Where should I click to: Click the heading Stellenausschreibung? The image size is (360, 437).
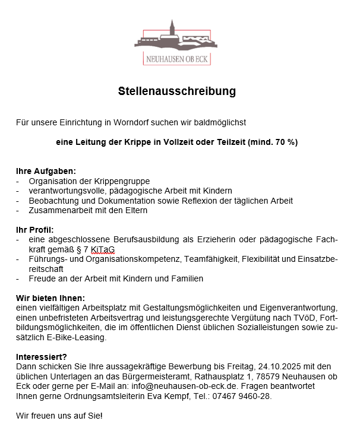(176, 91)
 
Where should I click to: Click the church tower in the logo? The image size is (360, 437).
(172, 30)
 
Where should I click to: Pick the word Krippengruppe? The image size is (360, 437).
(123, 180)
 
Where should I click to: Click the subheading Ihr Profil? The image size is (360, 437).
(35, 229)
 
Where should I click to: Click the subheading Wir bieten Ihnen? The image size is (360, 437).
(50, 297)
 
